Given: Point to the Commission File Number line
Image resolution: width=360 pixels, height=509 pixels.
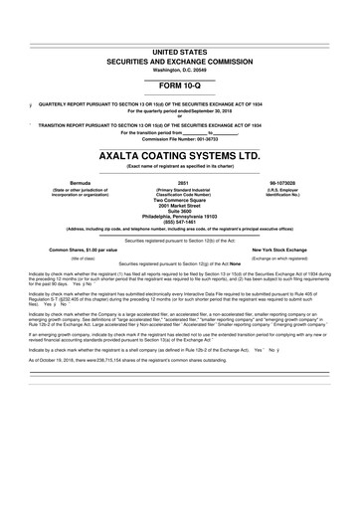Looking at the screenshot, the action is click(180, 138).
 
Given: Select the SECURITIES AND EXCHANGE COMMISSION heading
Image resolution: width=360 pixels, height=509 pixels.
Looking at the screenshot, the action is click(180, 59).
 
